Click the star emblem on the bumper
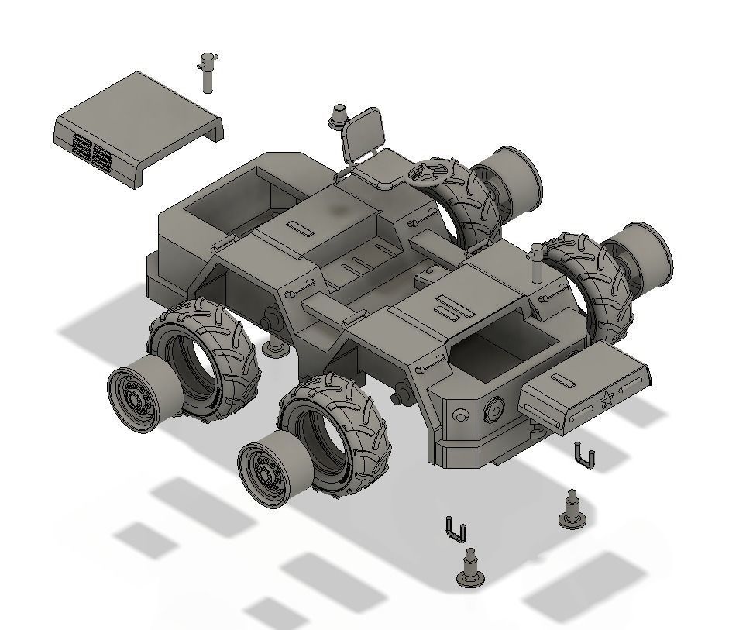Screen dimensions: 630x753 pyautogui.click(x=607, y=401)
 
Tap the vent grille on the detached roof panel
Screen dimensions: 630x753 pyautogui.click(x=91, y=153)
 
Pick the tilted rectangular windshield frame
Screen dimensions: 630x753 pyautogui.click(x=363, y=134)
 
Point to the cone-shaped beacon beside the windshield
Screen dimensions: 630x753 pyautogui.click(x=339, y=117)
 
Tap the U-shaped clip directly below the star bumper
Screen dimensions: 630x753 pyautogui.click(x=585, y=455)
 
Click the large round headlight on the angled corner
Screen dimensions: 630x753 pyautogui.click(x=493, y=408)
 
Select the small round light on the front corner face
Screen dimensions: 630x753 pyautogui.click(x=460, y=415)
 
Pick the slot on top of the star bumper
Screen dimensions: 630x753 pyautogui.click(x=562, y=381)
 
